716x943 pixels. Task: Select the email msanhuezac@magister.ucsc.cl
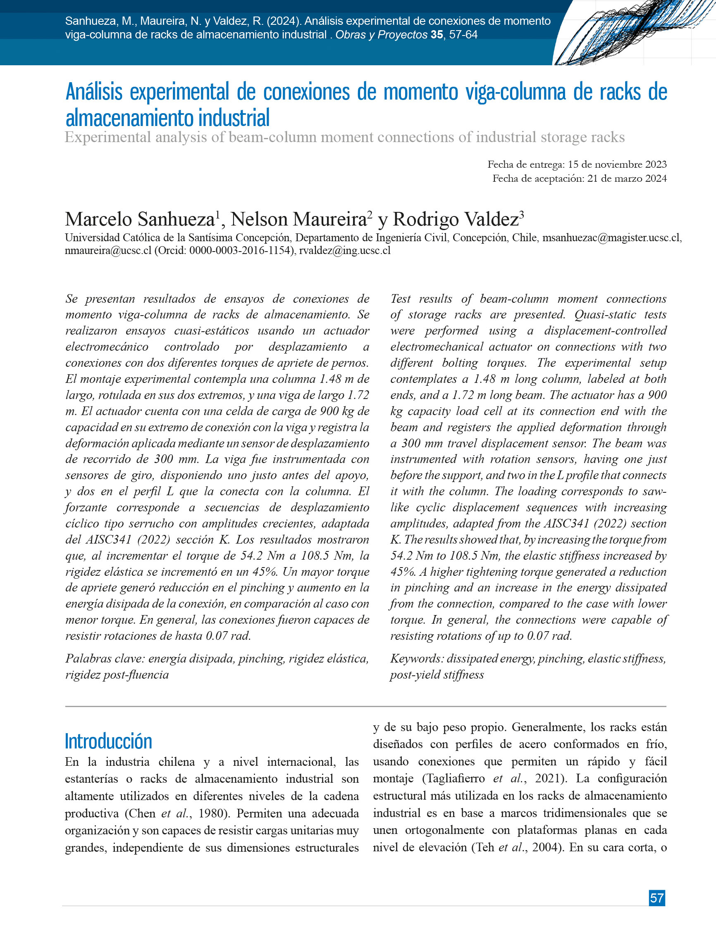click(x=611, y=238)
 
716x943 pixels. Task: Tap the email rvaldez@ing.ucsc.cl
click(x=345, y=251)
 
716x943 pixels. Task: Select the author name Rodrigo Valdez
click(x=455, y=220)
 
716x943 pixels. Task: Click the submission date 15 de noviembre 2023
click(x=617, y=164)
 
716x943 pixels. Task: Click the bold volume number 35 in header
click(x=437, y=35)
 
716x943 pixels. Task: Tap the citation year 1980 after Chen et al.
click(x=214, y=813)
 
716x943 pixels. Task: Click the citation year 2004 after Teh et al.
click(x=547, y=848)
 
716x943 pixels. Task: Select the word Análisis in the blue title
click(x=94, y=92)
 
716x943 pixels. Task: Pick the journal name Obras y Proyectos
click(x=381, y=35)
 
